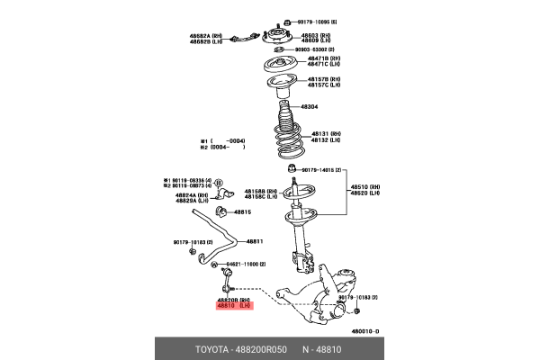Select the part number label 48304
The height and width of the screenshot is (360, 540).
[309, 106]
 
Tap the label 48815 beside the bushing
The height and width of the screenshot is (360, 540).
[244, 212]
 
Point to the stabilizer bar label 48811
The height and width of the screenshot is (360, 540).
[255, 241]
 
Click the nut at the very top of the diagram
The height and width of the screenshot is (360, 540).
[285, 20]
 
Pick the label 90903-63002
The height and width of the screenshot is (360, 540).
[318, 50]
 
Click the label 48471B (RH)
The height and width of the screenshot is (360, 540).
[323, 59]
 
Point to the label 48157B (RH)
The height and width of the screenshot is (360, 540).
[323, 79]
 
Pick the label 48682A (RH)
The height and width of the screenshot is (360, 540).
[205, 35]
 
